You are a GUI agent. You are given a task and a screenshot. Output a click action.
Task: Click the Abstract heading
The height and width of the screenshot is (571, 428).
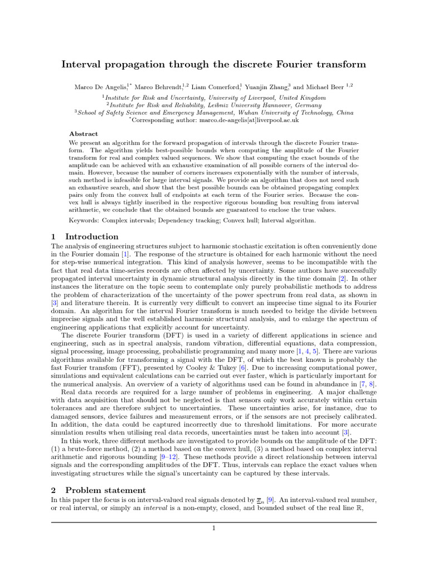coord(83,134)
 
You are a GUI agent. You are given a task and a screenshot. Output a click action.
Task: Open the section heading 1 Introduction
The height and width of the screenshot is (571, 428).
coord(84,236)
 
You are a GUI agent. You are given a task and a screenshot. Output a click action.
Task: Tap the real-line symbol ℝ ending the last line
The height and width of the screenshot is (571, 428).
coord(372,508)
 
